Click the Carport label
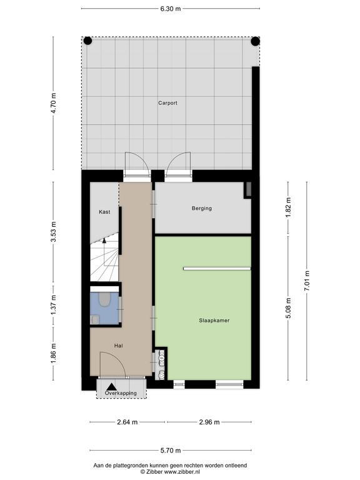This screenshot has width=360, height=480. click(167, 103)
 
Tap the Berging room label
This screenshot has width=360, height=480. click(202, 209)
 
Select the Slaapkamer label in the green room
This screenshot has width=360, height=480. click(214, 321)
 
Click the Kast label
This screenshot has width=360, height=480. click(104, 212)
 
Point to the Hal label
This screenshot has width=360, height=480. click(119, 346)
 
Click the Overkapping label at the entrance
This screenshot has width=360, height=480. click(121, 393)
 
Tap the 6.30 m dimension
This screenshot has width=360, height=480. click(171, 9)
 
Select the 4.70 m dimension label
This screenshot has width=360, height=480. click(54, 103)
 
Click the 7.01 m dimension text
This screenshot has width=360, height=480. click(307, 282)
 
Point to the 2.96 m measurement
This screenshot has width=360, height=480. click(209, 422)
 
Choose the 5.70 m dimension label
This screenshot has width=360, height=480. click(171, 450)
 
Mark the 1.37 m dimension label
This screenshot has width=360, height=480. click(54, 305)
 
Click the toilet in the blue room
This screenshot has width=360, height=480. click(105, 299)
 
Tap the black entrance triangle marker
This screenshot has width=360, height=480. click(111, 387)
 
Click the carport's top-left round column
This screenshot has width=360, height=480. click(88, 41)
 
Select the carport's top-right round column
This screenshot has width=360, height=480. click(255, 41)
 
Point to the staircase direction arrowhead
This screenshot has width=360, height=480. click(104, 241)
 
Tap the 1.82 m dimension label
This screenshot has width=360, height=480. click(288, 208)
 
